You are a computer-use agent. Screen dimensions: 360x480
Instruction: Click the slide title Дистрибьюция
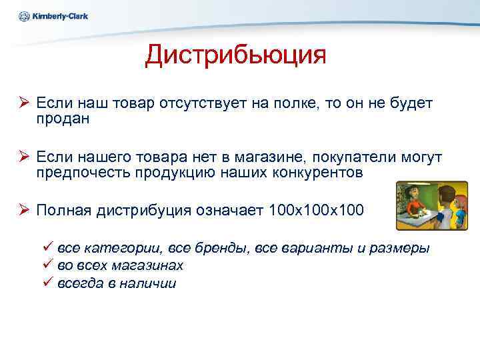tap(235, 55)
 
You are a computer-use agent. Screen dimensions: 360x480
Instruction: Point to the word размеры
tap(399, 248)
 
